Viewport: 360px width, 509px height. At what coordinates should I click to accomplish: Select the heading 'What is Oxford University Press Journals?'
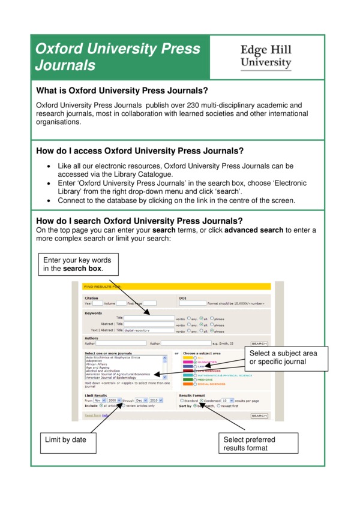122,91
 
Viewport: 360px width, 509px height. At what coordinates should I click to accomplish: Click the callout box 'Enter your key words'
77,264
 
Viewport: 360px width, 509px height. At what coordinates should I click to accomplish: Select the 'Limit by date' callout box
66,440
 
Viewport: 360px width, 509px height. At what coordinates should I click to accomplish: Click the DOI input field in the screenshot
193,303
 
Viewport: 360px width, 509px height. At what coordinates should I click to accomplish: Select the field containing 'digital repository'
148,330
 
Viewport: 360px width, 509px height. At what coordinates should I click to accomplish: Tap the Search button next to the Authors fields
259,344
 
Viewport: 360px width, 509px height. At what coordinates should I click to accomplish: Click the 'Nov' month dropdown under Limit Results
99,400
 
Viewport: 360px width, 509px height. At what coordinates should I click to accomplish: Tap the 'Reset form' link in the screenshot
92,415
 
